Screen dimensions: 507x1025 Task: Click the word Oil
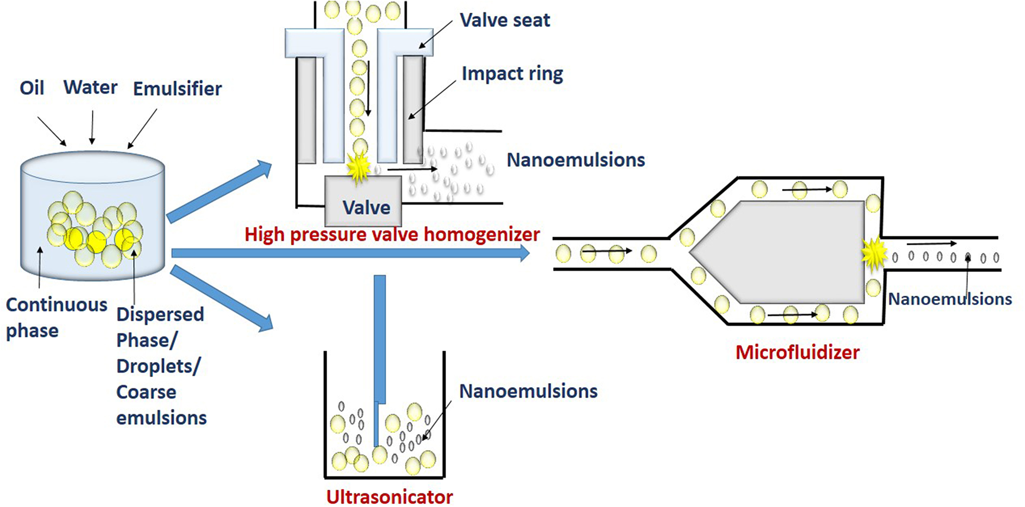click(x=32, y=88)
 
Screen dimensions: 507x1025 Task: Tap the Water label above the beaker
click(x=90, y=87)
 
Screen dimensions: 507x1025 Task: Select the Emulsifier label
click(x=177, y=89)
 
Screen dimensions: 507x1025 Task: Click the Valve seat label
click(x=505, y=20)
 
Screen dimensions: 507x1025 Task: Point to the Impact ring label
click(x=512, y=73)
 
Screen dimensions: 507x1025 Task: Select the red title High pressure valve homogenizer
click(x=392, y=235)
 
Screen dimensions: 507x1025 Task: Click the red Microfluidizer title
click(x=797, y=352)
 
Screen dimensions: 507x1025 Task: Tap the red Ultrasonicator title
click(x=389, y=496)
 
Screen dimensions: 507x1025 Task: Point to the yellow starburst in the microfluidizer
click(x=874, y=253)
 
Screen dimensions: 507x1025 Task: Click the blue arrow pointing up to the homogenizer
click(x=219, y=191)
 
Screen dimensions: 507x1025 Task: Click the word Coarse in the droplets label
click(x=146, y=392)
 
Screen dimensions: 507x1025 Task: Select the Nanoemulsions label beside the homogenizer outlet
click(x=575, y=160)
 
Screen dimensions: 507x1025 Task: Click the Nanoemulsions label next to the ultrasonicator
click(x=528, y=391)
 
